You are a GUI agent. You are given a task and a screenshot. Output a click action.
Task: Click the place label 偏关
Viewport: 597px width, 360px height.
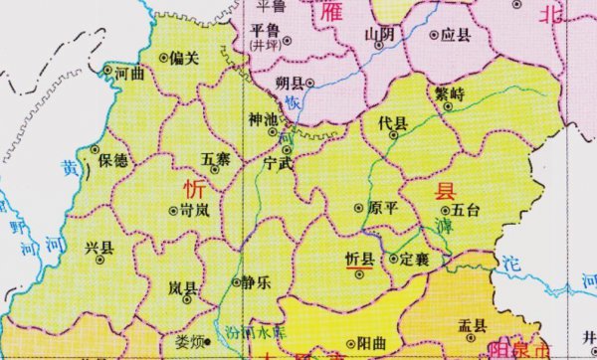point(183,57)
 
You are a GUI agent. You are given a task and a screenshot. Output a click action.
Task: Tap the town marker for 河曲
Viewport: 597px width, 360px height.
point(107,71)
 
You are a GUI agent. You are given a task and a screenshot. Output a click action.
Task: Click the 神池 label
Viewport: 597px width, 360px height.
point(264,119)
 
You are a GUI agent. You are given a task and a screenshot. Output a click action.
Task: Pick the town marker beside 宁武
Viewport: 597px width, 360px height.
point(286,150)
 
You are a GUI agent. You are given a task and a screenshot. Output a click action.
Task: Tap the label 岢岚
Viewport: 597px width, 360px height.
point(193,211)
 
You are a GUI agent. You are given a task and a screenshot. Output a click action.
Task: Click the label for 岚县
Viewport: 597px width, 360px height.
point(182,288)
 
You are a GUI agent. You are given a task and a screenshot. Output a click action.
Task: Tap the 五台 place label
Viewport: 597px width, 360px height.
point(465,210)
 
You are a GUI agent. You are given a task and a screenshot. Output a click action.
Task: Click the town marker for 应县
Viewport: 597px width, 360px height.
point(434,34)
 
